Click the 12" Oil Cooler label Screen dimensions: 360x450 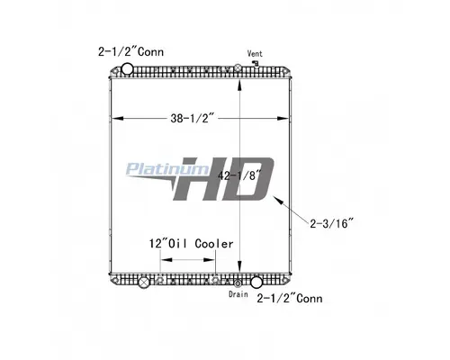[192, 244]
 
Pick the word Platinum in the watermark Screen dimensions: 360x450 [168, 167]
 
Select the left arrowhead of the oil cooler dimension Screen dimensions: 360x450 [163, 261]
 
